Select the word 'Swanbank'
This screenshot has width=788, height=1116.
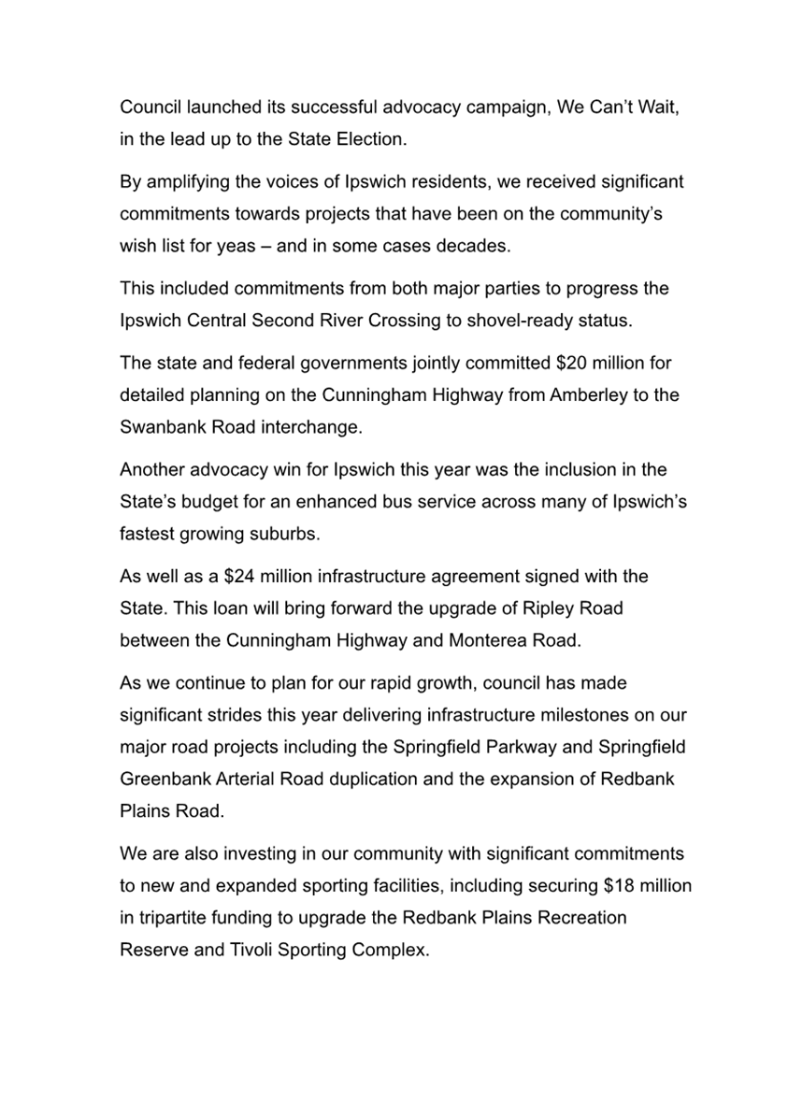159,426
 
